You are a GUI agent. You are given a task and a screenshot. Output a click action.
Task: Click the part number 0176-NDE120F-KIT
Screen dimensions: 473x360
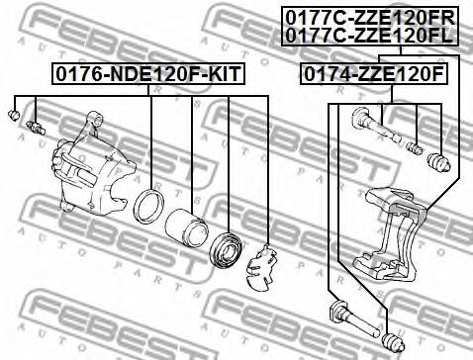[x=147, y=74]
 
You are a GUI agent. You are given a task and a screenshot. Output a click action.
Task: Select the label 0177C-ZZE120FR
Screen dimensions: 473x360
[x=370, y=18]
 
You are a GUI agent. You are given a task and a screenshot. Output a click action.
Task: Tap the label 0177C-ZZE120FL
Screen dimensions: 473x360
[x=369, y=36]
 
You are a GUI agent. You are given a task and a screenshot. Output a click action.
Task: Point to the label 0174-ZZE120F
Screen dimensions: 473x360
[x=374, y=74]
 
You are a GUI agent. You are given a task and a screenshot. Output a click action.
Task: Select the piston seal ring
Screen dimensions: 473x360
[x=149, y=206]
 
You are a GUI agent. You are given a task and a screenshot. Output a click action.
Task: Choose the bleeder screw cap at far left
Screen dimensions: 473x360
[x=14, y=115]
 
